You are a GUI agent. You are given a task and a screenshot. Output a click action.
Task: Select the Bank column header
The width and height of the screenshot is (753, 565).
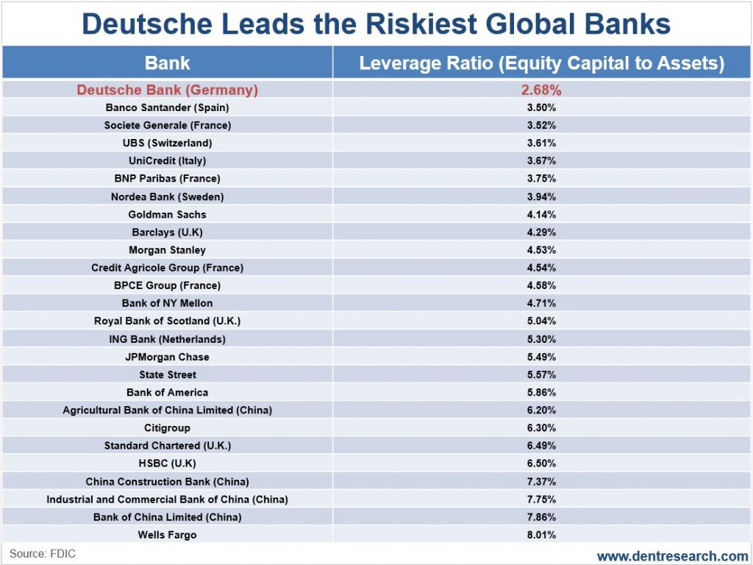[x=168, y=63]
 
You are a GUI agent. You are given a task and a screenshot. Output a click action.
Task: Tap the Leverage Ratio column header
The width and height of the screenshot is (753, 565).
[x=541, y=63]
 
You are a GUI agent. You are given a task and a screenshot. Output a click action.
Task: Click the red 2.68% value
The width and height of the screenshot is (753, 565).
[x=541, y=90]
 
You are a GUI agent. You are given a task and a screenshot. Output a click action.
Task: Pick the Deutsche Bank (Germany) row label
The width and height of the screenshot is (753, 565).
[x=168, y=90]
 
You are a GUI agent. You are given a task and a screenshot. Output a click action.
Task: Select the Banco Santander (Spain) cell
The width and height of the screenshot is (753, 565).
[x=168, y=107]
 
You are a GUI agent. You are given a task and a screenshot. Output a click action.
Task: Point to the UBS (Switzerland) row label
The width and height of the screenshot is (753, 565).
[x=168, y=143]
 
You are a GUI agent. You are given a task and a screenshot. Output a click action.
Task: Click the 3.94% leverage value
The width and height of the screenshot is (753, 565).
[x=541, y=196]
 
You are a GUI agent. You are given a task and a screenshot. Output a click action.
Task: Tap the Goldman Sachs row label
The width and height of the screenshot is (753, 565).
[x=168, y=214]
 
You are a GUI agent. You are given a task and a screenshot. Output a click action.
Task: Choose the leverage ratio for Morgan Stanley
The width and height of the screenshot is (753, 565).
[x=541, y=250]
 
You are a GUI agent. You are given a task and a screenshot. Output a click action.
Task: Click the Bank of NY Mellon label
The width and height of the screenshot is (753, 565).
[x=168, y=303]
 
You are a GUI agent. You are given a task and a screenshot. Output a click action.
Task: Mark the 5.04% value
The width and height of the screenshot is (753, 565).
[x=541, y=321]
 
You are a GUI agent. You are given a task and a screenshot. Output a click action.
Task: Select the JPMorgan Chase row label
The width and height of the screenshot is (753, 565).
[x=168, y=357]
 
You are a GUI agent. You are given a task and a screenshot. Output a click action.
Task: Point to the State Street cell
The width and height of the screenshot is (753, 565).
[x=168, y=374]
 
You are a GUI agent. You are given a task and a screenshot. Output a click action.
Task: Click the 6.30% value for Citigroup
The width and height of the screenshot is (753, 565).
[x=541, y=427]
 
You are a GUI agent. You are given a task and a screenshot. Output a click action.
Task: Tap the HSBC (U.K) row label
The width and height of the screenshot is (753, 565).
[x=168, y=463]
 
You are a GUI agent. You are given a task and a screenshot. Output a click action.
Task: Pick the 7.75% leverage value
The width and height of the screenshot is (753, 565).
[x=541, y=499]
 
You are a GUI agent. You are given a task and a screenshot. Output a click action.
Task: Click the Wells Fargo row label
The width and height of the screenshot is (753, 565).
[x=168, y=535]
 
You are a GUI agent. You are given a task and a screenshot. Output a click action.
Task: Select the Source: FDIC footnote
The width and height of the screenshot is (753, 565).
[x=43, y=553]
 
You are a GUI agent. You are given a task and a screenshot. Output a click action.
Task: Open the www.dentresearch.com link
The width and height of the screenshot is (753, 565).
[x=672, y=555]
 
